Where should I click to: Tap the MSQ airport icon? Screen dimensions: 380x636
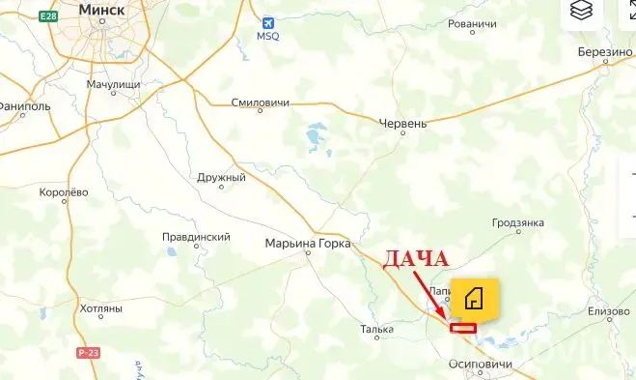[x=267, y=22]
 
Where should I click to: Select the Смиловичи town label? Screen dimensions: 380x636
[x=262, y=102]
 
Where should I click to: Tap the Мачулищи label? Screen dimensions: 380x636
[x=113, y=85]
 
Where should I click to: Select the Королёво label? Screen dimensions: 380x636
[x=64, y=192]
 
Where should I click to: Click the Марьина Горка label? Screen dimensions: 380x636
[x=308, y=244]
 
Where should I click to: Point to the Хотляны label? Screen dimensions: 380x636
[x=101, y=309]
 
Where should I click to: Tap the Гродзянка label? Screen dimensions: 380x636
[x=518, y=223]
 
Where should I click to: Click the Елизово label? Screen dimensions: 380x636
[x=607, y=311]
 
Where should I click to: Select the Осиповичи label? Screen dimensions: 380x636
[x=479, y=365]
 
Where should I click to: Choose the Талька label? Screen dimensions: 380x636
[x=376, y=329]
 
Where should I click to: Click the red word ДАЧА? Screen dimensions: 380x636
[x=417, y=259]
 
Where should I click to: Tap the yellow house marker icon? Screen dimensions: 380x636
[x=474, y=300]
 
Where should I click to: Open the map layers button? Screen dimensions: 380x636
[x=581, y=11]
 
